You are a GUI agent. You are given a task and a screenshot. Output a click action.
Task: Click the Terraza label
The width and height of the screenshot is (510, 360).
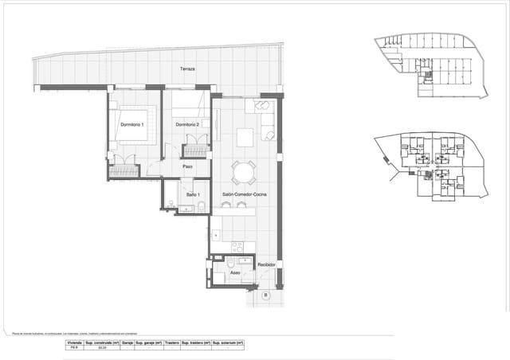(x=187, y=69)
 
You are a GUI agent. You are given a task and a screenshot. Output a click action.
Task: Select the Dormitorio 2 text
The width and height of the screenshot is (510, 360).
(x=187, y=125)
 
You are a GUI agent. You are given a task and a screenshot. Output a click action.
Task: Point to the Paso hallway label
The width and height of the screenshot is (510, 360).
(x=187, y=166)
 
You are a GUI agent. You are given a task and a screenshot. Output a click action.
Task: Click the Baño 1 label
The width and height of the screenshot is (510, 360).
(x=193, y=194)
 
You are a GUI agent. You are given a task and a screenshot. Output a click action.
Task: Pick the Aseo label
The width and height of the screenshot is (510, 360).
(x=235, y=273)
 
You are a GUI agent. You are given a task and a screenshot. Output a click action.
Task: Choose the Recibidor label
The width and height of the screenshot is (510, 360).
(x=266, y=264)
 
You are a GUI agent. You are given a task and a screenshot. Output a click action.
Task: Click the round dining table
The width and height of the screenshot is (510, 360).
(x=244, y=172)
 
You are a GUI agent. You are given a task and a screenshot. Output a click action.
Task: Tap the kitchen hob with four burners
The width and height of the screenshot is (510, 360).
(x=237, y=246)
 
